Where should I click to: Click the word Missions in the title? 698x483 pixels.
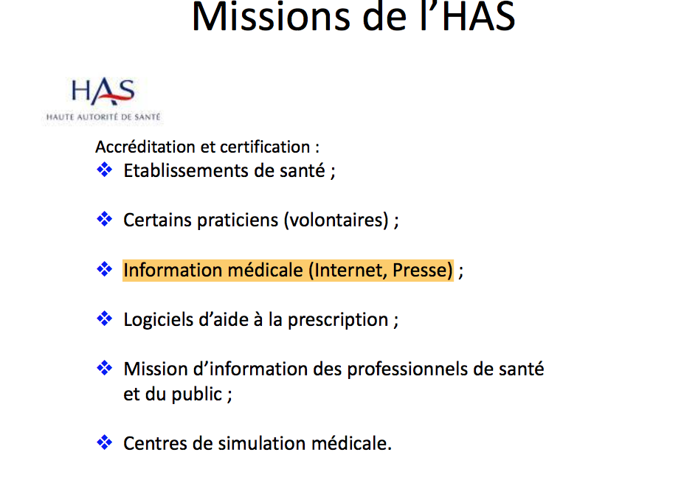point(271,17)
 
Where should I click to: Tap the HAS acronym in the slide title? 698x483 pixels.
point(479,17)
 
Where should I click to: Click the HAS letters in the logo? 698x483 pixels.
point(103,91)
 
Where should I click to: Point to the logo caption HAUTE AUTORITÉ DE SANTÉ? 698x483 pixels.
point(103,117)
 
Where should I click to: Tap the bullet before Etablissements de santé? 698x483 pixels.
point(105,170)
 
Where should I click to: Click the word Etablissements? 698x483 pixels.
point(186,171)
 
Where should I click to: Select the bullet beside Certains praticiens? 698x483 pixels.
point(105,219)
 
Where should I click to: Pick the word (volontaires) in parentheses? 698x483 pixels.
point(336,220)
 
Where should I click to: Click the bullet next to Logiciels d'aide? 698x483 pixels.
point(105,319)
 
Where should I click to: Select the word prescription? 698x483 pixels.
point(338,320)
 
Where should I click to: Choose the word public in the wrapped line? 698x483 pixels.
point(197,395)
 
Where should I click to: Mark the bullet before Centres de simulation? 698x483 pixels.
point(105,442)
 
